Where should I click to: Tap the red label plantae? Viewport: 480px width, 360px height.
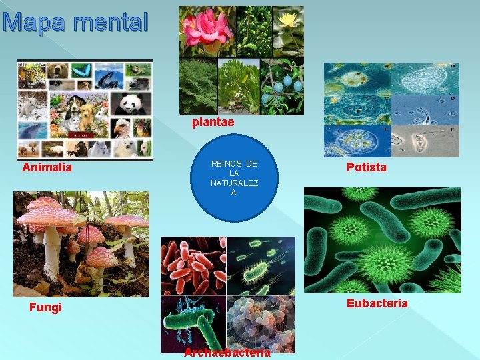click(x=213, y=123)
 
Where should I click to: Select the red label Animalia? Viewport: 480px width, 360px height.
click(x=47, y=167)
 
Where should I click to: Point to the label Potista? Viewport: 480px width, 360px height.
click(x=366, y=167)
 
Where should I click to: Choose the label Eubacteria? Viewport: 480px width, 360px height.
click(x=377, y=303)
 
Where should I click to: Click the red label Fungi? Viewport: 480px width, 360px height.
click(x=45, y=307)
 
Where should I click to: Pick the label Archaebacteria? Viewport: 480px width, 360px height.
click(x=227, y=353)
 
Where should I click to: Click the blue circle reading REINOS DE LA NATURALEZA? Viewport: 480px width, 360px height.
click(x=233, y=178)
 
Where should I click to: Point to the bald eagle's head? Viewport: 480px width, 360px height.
click(x=122, y=128)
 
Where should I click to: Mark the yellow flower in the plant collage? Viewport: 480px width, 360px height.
click(x=288, y=20)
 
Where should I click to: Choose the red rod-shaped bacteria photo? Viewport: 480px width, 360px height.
click(x=193, y=266)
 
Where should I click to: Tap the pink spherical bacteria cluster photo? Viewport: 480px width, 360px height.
click(x=260, y=323)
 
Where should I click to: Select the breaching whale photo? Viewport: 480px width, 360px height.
click(x=107, y=79)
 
